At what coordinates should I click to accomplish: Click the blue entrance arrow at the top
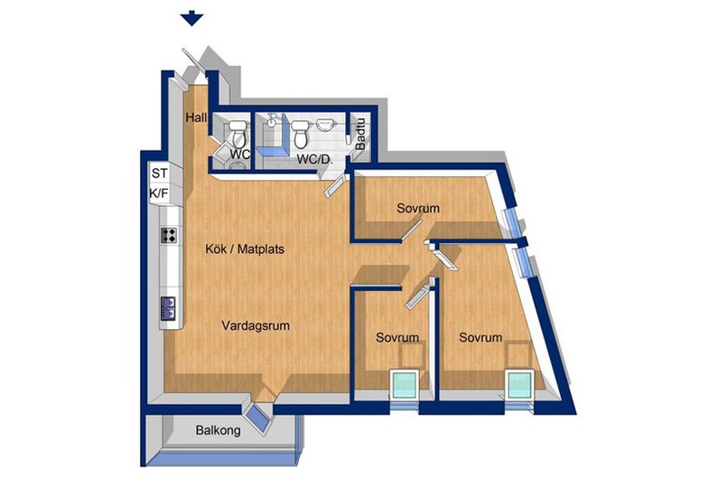tap(191, 20)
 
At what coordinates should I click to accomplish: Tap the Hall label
tap(196, 117)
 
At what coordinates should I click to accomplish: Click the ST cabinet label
tap(159, 174)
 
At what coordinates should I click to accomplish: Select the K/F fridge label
tap(159, 193)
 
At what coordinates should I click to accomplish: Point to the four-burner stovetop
tap(169, 235)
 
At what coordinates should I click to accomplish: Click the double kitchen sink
tap(168, 308)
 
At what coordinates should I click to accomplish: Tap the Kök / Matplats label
tap(245, 249)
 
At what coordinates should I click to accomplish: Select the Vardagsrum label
tap(256, 326)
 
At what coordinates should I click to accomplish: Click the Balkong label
tap(218, 430)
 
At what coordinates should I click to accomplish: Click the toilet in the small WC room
tap(238, 133)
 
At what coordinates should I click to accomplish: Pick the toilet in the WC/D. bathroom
tap(301, 134)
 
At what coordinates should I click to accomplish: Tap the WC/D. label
tap(314, 160)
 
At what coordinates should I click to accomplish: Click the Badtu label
tap(360, 135)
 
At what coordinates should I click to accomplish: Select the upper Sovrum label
tap(418, 208)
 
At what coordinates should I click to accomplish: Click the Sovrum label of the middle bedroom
tap(397, 338)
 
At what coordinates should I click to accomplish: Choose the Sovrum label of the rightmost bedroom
tap(480, 338)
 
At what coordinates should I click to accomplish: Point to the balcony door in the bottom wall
tap(257, 419)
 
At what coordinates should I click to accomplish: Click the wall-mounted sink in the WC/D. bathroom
tap(325, 124)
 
